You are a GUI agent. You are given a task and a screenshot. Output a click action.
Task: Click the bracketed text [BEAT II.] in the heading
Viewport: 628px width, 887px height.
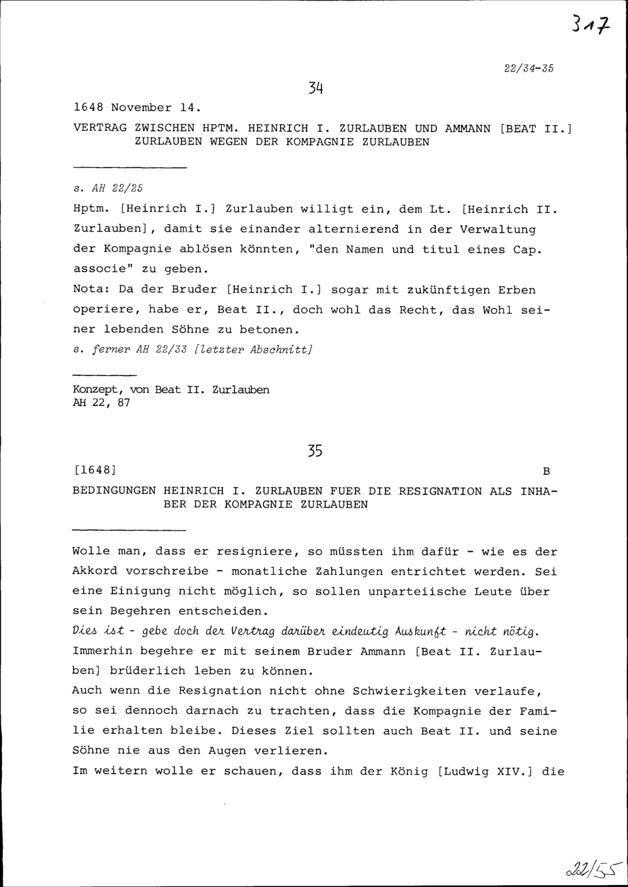tap(537, 129)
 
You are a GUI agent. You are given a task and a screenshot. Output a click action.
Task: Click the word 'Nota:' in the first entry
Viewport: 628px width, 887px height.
tap(92, 289)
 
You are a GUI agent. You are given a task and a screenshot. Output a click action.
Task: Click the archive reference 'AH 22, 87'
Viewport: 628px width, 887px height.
tap(102, 403)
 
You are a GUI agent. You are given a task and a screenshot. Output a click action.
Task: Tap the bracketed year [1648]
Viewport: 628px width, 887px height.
tap(96, 470)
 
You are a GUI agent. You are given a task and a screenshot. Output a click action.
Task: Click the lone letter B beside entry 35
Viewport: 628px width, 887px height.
tap(546, 471)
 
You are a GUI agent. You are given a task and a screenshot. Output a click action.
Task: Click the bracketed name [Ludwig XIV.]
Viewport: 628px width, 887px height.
tap(485, 771)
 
